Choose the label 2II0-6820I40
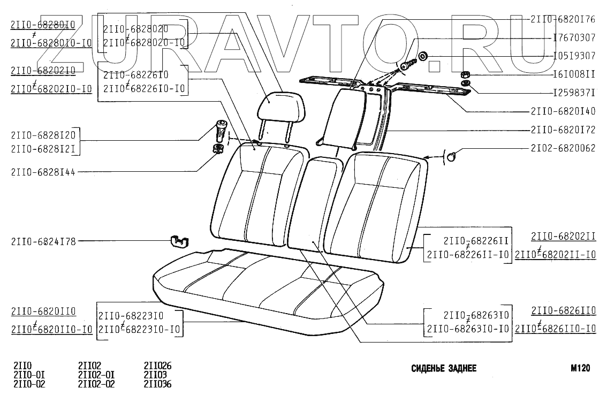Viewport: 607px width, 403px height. click(x=563, y=112)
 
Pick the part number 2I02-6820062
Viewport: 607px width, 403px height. click(x=563, y=148)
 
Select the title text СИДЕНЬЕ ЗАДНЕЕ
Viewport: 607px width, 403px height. click(x=444, y=369)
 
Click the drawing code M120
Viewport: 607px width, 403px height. click(x=580, y=368)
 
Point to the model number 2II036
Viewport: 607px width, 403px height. click(x=157, y=384)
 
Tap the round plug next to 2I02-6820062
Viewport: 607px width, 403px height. click(x=452, y=156)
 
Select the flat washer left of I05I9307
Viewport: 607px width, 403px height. click(x=422, y=56)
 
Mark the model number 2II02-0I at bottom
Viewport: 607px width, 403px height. click(x=96, y=375)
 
